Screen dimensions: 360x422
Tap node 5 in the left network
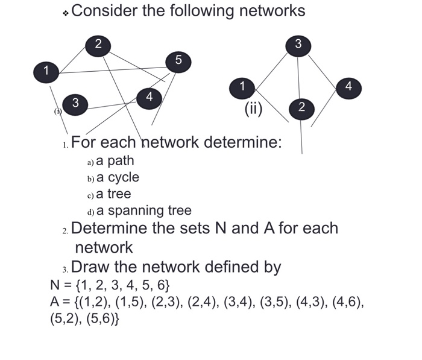pos(177,60)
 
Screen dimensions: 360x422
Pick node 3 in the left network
pos(75,103)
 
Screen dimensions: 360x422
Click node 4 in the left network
pos(150,96)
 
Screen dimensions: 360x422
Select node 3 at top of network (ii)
pos(298,44)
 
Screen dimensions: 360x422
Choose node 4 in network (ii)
pos(348,86)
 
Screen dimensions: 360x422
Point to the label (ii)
pos(253,109)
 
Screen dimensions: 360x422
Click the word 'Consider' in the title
pos(105,11)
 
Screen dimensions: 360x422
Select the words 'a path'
pos(115,161)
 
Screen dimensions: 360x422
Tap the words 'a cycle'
pos(118,177)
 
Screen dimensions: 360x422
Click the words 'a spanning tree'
pos(143,210)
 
